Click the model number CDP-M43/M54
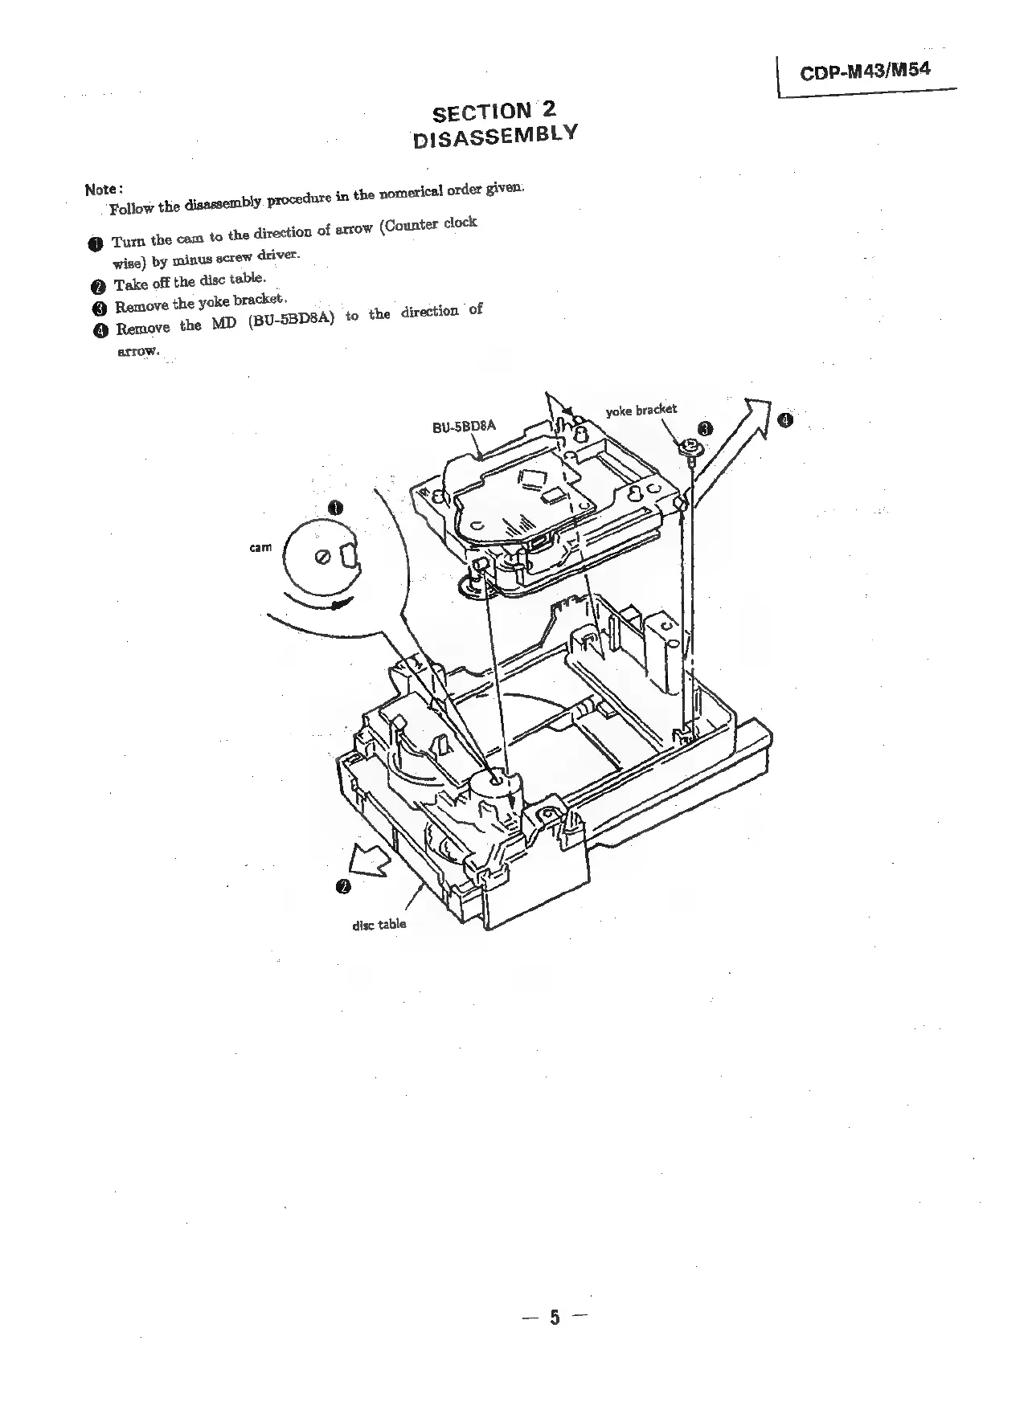point(864,71)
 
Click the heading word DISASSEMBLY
point(494,135)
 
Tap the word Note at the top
point(102,190)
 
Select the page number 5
point(554,1318)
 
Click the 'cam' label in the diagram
point(260,547)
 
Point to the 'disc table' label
point(379,924)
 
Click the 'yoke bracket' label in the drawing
point(641,410)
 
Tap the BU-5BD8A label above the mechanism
point(465,426)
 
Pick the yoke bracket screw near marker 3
point(690,447)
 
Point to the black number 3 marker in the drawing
point(705,428)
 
